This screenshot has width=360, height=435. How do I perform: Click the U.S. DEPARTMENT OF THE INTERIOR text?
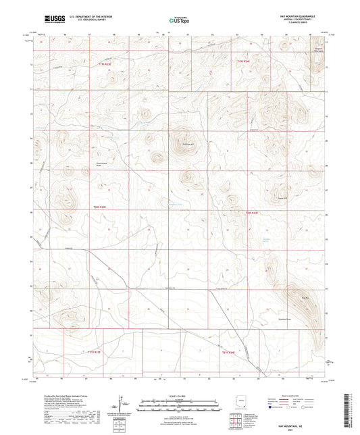84,18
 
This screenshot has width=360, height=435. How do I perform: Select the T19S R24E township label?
243,61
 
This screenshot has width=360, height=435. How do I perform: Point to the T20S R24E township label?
251,213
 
